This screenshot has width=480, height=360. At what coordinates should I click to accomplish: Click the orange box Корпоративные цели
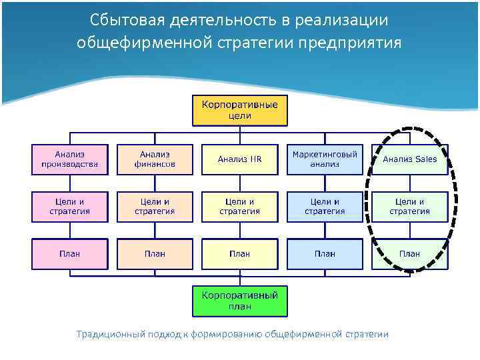[x=240, y=110]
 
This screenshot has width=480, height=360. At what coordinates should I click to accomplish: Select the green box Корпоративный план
[x=240, y=301]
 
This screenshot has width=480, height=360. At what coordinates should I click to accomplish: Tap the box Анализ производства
[x=70, y=159]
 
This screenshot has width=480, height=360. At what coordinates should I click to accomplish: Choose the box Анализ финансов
[x=155, y=159]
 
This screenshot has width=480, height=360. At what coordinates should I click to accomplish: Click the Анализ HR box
[x=240, y=159]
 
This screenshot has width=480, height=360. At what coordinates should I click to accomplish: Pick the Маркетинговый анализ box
[x=325, y=159]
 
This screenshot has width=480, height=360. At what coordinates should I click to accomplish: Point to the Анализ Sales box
[x=409, y=159]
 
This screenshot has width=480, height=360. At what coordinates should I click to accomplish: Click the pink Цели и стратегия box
[x=70, y=207]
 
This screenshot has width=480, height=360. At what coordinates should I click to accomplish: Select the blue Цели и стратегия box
[x=325, y=207]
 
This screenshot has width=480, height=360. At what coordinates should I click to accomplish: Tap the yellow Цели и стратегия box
[x=240, y=207]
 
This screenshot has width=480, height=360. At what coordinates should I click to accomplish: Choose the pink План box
[x=70, y=253]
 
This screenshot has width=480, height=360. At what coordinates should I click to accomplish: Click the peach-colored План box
[x=155, y=253]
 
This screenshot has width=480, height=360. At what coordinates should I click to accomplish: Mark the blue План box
[x=325, y=253]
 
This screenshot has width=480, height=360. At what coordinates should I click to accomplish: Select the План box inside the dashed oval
[x=409, y=253]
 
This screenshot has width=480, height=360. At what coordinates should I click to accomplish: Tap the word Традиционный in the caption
[x=110, y=334]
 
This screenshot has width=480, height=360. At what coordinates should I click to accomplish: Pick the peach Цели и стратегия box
[x=155, y=207]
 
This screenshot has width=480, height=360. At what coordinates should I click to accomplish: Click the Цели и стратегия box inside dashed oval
[x=409, y=207]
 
